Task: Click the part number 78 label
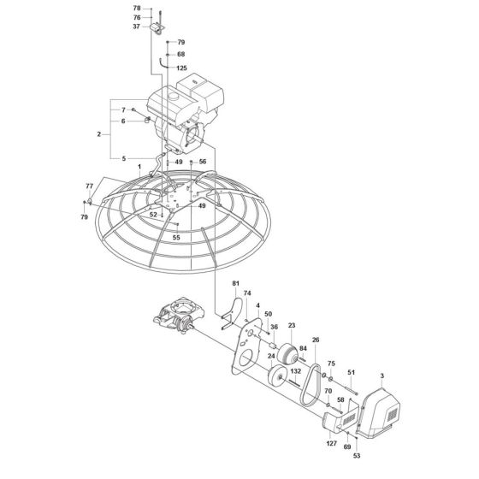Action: (137, 8)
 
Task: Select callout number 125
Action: (181, 67)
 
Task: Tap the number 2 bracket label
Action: (100, 134)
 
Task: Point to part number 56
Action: (203, 161)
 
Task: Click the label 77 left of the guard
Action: (89, 186)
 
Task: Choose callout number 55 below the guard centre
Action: (175, 236)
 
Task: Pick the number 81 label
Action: (235, 284)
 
